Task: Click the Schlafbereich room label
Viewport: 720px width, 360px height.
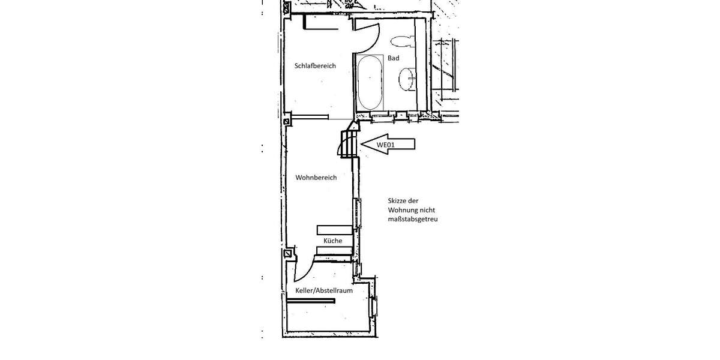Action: click(315, 66)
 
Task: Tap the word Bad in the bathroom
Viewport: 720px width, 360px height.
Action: click(393, 58)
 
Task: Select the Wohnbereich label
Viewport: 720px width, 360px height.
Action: click(316, 178)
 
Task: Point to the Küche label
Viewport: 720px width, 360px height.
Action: click(333, 241)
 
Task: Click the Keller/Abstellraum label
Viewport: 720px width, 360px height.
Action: click(323, 290)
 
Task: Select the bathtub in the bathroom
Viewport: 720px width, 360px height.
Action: click(370, 82)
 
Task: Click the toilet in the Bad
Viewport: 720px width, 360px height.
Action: click(401, 41)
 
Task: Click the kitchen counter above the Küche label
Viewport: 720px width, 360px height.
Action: click(334, 230)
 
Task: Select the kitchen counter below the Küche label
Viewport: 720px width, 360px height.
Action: click(334, 251)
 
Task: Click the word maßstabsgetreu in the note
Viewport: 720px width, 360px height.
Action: click(413, 220)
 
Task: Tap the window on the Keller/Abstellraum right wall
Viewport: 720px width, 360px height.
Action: click(375, 306)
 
